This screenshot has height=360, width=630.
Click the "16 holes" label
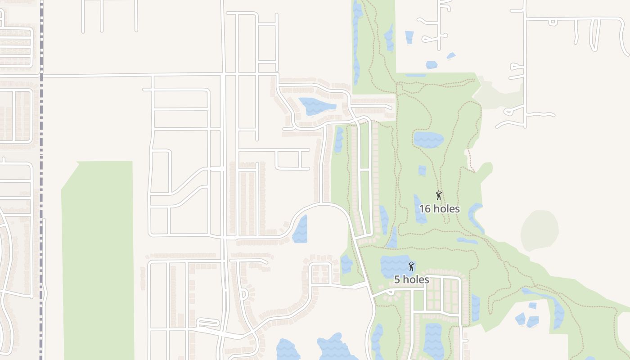(439, 209)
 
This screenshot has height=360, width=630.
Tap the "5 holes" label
(411, 279)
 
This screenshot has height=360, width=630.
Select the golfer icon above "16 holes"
(439, 195)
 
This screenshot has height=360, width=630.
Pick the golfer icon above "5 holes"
(411, 266)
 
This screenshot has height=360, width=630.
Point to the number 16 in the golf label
(425, 209)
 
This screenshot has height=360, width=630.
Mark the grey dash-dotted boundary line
(41, 180)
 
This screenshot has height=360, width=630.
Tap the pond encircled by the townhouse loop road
(316, 107)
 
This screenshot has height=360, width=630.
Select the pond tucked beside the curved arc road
(301, 229)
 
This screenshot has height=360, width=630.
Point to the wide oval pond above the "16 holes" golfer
(428, 139)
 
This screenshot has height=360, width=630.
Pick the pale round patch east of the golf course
(539, 230)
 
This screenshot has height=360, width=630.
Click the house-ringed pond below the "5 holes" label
(433, 340)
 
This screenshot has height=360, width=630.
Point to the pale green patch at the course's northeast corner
(497, 93)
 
